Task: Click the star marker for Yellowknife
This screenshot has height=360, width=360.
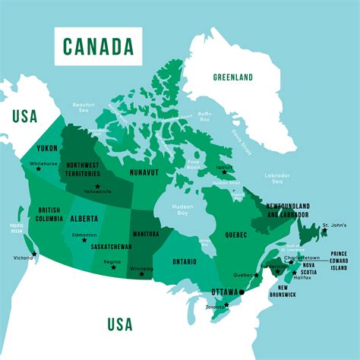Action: pyautogui.click(x=96, y=185)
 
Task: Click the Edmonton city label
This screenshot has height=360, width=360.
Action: pyautogui.click(x=84, y=235)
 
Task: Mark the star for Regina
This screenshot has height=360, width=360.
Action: pyautogui.click(x=114, y=267)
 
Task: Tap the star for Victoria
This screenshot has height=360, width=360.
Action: pyautogui.click(x=34, y=254)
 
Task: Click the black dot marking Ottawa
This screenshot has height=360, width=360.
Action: pyautogui.click(x=242, y=292)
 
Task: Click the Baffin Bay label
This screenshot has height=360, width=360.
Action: pyautogui.click(x=204, y=118)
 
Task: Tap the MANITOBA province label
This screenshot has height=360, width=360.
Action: pyautogui.click(x=146, y=234)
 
